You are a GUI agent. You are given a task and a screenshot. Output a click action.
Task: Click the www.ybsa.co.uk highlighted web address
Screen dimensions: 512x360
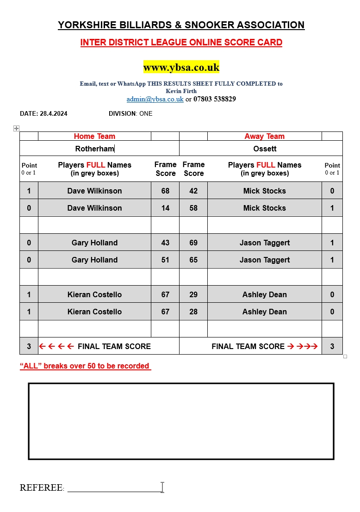[x=181, y=67]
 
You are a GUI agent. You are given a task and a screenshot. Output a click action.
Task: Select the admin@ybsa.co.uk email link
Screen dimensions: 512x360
[x=155, y=99]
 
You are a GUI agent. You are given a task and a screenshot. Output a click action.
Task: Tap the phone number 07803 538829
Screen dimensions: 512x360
[x=214, y=99]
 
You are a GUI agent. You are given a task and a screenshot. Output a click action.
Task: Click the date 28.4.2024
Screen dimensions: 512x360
[x=53, y=113]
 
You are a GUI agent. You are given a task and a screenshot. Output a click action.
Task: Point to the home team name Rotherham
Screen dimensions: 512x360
[x=94, y=149]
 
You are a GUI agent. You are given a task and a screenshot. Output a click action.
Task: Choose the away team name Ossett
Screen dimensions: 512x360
[x=265, y=149]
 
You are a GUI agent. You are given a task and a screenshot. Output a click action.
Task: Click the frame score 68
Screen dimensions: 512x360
[x=165, y=191]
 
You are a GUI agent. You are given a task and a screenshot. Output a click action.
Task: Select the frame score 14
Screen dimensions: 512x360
[x=165, y=208]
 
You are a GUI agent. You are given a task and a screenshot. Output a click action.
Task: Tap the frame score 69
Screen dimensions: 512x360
[x=193, y=243]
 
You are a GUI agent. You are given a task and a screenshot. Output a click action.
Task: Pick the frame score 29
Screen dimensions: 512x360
[x=193, y=294]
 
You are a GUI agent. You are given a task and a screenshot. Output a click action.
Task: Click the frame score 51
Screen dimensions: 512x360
[x=165, y=260]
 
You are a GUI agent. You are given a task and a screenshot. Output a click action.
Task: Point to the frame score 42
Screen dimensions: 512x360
[x=193, y=191]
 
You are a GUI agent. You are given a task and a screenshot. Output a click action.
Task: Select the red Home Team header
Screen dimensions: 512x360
[x=94, y=136]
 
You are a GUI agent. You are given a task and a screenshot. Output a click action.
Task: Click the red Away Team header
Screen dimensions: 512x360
[x=265, y=136]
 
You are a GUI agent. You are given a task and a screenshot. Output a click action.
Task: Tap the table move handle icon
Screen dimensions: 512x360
[x=16, y=128]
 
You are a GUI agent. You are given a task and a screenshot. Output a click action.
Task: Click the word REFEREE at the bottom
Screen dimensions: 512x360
[x=41, y=487]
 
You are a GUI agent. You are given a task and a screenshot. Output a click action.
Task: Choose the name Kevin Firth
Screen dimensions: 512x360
[x=181, y=91]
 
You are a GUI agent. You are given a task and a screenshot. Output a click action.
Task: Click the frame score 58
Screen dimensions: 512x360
[x=193, y=208]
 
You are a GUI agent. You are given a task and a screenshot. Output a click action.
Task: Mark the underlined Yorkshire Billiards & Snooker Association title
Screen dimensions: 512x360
[x=181, y=25]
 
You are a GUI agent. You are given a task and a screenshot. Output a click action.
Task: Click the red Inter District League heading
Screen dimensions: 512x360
[x=181, y=43]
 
